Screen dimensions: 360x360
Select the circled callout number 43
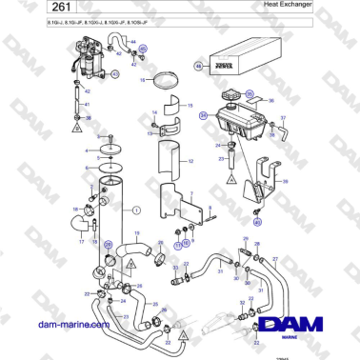(116, 73)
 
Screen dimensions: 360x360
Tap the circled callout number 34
(202, 115)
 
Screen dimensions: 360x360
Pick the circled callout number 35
(250, 94)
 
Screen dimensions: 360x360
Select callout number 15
(190, 107)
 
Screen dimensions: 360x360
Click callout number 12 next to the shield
(190, 162)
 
